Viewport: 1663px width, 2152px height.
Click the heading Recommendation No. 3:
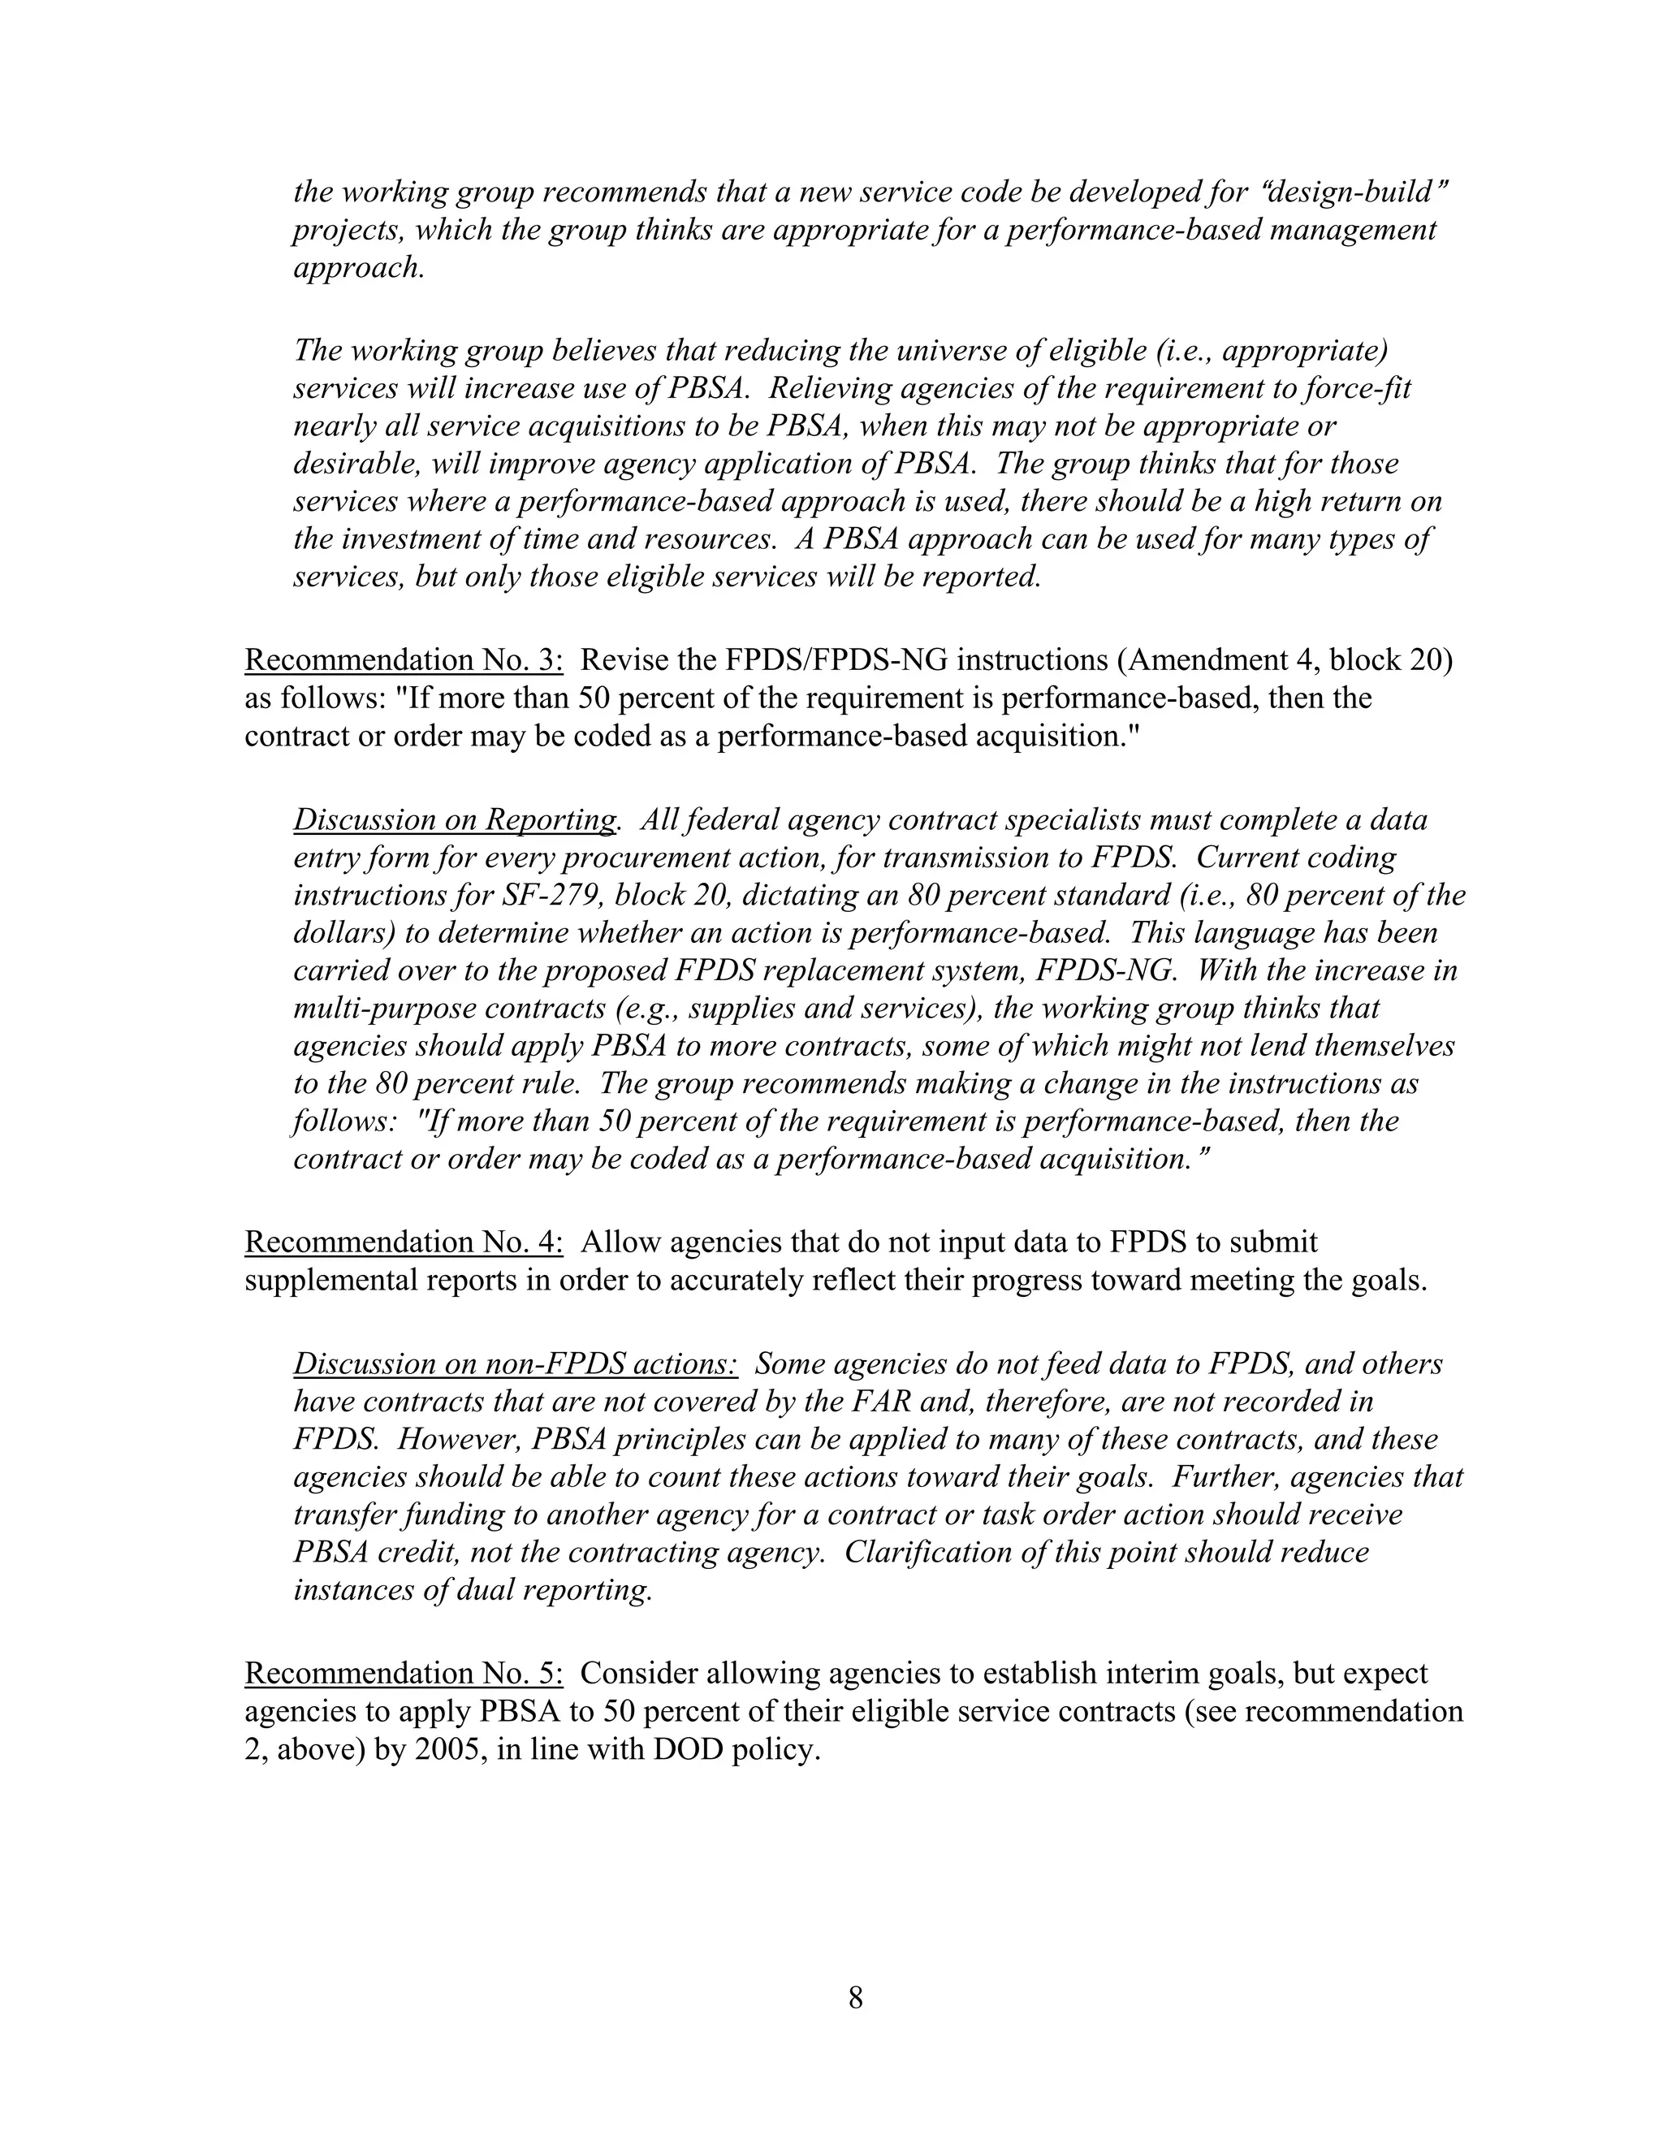tap(403, 659)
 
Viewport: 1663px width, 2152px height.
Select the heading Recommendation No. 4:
tap(403, 1242)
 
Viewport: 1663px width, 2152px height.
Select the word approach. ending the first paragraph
tap(360, 268)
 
